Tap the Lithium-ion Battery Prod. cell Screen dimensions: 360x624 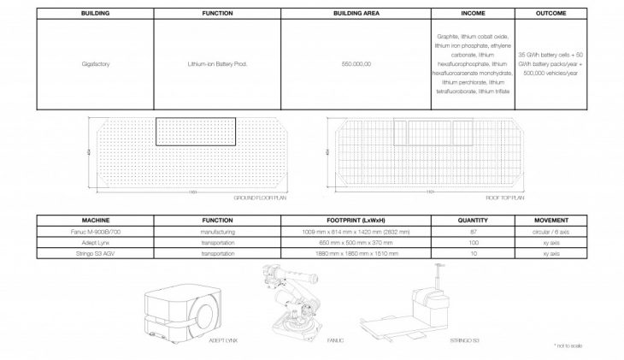(217, 63)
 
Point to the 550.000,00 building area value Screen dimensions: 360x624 (355, 63)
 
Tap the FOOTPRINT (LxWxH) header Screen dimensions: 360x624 (355, 220)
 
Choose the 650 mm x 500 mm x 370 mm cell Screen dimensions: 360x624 (355, 242)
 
